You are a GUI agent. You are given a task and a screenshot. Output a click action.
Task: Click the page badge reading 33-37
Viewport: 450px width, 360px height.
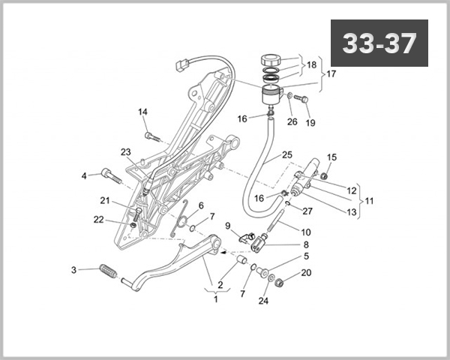[379, 43]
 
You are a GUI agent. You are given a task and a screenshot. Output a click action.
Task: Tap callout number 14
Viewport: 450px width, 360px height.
[142, 112]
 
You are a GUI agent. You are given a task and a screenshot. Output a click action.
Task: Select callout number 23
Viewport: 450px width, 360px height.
[125, 151]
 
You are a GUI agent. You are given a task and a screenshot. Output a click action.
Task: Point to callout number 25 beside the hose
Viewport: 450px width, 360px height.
[286, 155]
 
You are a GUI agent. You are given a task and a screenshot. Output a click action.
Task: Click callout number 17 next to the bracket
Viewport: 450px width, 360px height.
[330, 75]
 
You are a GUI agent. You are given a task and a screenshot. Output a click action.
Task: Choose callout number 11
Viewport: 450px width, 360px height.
[367, 202]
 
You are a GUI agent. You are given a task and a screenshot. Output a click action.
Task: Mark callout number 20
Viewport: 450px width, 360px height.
[305, 272]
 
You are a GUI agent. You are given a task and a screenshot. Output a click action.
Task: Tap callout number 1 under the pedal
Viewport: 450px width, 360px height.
[215, 299]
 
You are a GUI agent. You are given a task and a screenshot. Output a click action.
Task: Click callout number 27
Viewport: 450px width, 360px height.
[307, 211]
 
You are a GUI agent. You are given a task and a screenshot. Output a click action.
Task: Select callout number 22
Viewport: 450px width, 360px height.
[98, 219]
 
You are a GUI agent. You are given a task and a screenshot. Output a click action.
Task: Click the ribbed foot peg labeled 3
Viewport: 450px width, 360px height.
[106, 270]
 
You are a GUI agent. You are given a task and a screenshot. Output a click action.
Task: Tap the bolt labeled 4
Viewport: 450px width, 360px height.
[112, 176]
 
